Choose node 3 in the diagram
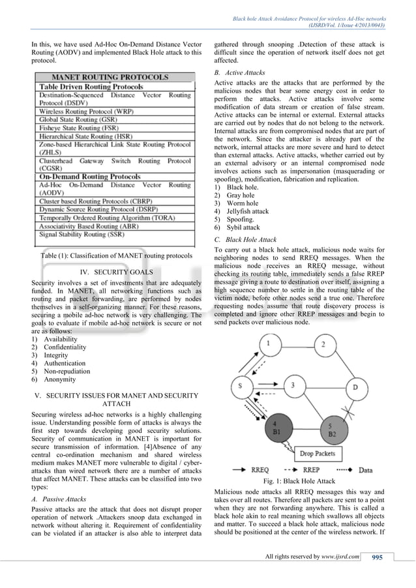(294, 385)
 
